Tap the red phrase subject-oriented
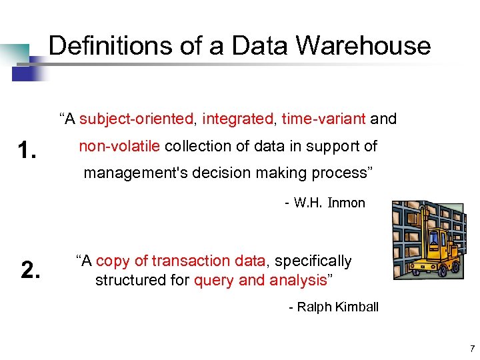point(136,119)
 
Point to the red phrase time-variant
point(323,119)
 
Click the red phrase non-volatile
point(119,146)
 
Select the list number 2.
point(31,270)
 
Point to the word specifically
point(313,261)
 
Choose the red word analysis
point(298,280)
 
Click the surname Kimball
point(356,307)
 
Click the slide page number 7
point(471,348)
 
